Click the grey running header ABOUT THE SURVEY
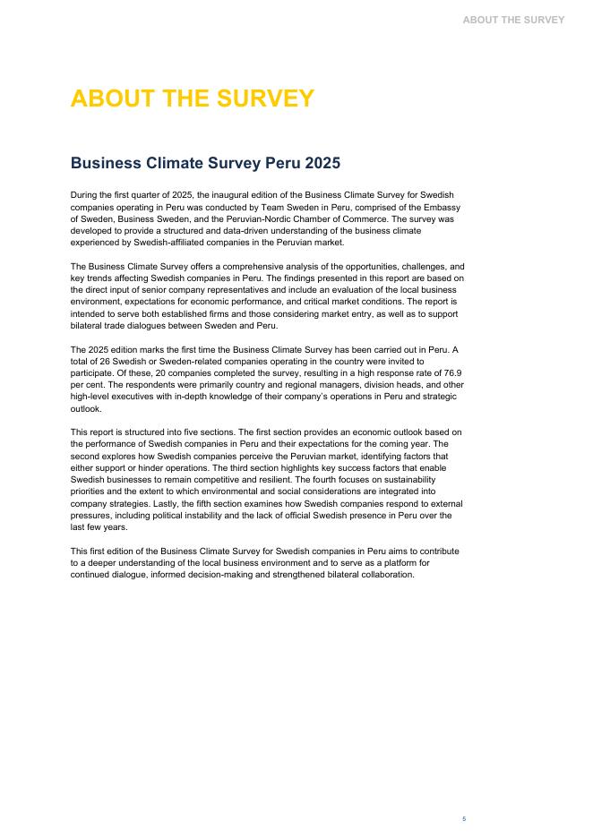tap(513, 20)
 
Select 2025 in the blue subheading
tap(322, 164)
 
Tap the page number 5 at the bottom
tap(464, 818)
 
